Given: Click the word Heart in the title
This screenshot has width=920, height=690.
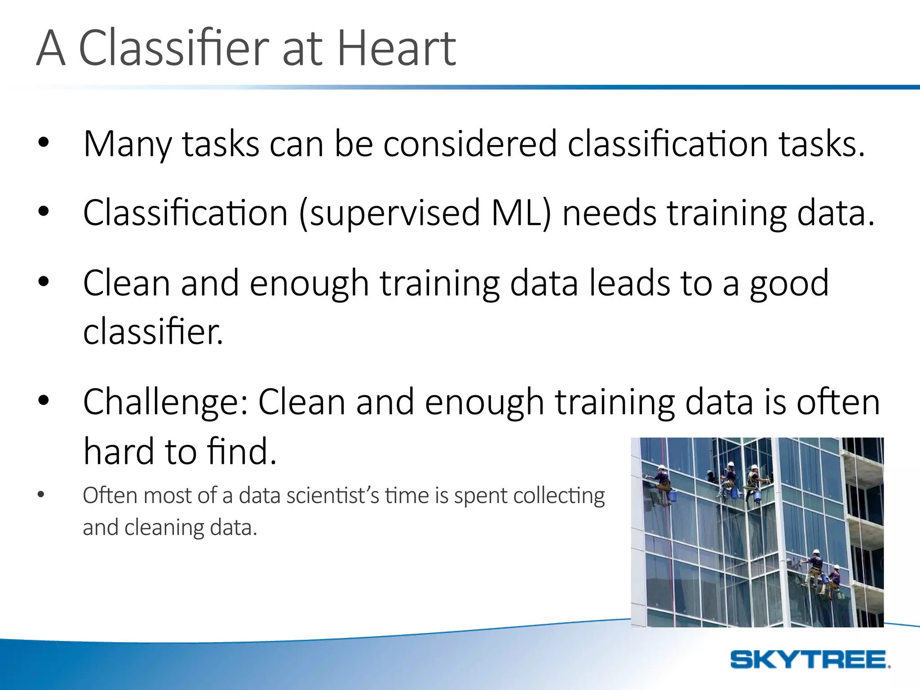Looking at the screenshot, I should pos(396,48).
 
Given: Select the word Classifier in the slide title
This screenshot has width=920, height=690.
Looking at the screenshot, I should pos(174,48).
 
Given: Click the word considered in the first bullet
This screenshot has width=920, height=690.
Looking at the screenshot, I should pos(469,145).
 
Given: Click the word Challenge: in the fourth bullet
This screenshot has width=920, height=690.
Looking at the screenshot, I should pos(165,402).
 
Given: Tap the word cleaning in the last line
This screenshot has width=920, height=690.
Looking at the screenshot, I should pos(164,528).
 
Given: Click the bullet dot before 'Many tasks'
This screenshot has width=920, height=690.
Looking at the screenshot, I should pos(44,142).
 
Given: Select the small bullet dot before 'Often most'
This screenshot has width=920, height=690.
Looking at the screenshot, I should pos(41,495).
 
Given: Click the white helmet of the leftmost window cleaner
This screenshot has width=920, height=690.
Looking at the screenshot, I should pos(662,467).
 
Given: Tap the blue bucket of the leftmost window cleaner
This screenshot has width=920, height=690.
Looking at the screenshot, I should pos(672,495).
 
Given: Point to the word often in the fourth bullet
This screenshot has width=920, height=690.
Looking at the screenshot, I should pos(838,402).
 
